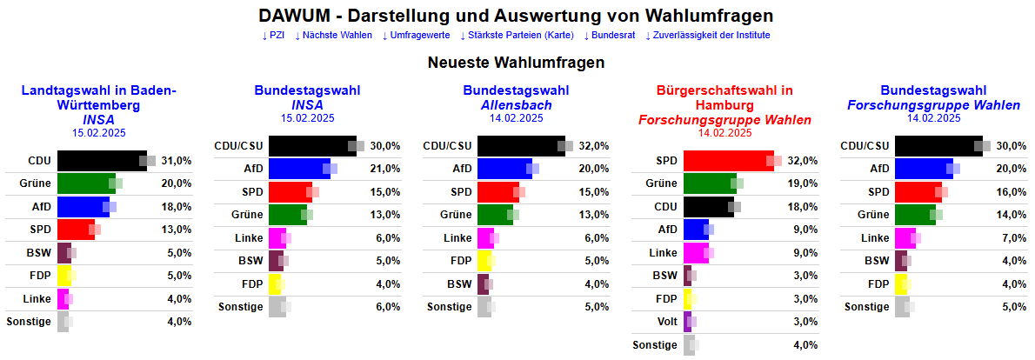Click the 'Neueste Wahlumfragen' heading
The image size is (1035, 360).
click(x=516, y=63)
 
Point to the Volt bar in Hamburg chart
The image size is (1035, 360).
click(x=688, y=322)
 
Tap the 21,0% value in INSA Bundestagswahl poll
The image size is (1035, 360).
click(x=385, y=169)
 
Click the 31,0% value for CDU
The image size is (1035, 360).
click(x=177, y=161)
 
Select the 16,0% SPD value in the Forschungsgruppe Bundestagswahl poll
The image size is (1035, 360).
click(x=1012, y=191)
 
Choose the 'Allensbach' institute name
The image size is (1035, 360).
click(x=516, y=105)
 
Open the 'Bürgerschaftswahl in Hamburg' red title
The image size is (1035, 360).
click(x=724, y=97)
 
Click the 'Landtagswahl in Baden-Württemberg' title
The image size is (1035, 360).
click(x=98, y=97)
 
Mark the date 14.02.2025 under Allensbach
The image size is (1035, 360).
click(x=516, y=118)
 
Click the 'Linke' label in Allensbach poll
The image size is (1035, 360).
click(x=457, y=237)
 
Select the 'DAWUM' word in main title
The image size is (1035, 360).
click(x=295, y=16)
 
